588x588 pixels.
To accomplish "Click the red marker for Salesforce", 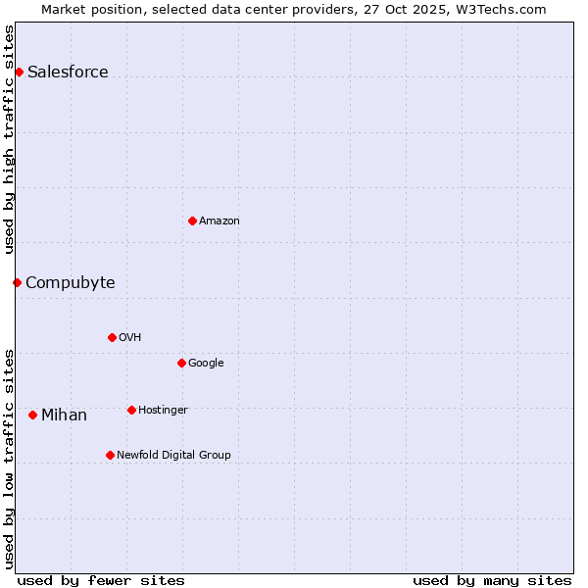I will (19, 72).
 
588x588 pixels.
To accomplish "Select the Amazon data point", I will (192, 220).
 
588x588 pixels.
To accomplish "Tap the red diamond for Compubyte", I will (17, 282).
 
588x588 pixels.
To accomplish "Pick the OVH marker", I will (112, 337).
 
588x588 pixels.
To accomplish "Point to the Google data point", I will (181, 363).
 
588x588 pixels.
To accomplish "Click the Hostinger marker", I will (131, 410).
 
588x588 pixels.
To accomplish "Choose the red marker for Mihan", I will (32, 415).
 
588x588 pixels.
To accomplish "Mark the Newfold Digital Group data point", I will (110, 455).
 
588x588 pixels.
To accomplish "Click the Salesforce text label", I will (68, 72).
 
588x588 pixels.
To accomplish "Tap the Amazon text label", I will (220, 220).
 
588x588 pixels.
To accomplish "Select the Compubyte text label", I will (71, 282).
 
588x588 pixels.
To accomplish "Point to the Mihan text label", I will (64, 415).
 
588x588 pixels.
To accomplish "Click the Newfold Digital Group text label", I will (173, 455).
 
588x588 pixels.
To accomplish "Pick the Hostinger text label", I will (163, 410).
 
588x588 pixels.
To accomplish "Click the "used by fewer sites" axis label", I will (101, 580).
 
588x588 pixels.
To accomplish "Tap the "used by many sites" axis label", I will (492, 580).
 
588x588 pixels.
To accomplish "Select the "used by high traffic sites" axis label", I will (9, 139).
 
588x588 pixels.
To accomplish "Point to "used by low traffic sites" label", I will (9, 458).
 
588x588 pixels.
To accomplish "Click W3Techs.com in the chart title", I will (503, 9).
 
